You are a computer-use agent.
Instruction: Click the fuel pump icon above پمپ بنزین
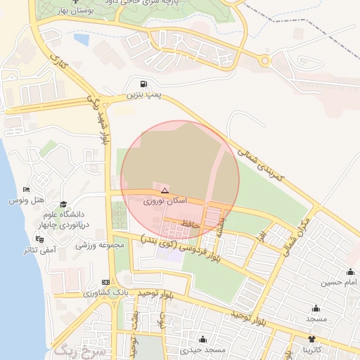tap(144, 83)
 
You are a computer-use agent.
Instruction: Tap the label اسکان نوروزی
tap(165, 201)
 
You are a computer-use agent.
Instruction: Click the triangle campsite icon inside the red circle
tap(165, 191)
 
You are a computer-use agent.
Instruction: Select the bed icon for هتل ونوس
tap(26, 190)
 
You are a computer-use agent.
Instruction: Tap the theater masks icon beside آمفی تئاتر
tap(29, 239)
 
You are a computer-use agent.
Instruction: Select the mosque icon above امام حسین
tap(350, 272)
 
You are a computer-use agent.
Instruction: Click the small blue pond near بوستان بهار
tap(82, 40)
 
